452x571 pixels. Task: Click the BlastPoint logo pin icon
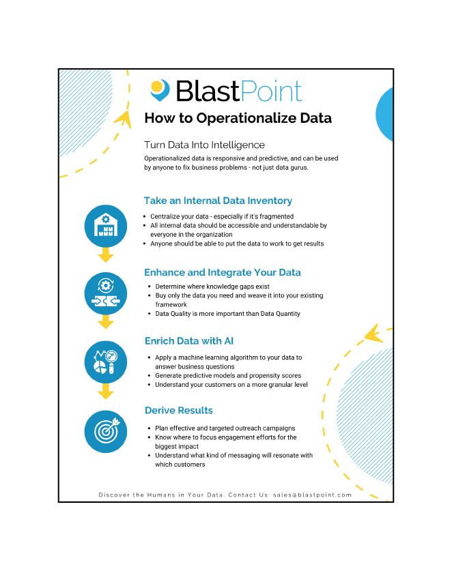click(x=160, y=89)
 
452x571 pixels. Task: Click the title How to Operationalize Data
click(x=238, y=118)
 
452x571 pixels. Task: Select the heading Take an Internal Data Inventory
click(x=218, y=201)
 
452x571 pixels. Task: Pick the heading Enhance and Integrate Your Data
click(x=223, y=272)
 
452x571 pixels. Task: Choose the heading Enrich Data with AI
click(x=190, y=340)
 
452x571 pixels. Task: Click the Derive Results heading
click(x=179, y=410)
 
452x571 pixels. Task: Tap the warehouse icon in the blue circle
click(x=106, y=225)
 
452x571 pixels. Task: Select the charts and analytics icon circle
click(x=106, y=362)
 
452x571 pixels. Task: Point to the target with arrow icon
click(x=106, y=431)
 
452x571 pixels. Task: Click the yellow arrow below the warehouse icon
click(x=106, y=256)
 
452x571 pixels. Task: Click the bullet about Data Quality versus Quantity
click(x=228, y=313)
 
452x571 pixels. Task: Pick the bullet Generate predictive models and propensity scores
click(x=228, y=375)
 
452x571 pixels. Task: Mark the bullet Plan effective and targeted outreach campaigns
click(x=225, y=428)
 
